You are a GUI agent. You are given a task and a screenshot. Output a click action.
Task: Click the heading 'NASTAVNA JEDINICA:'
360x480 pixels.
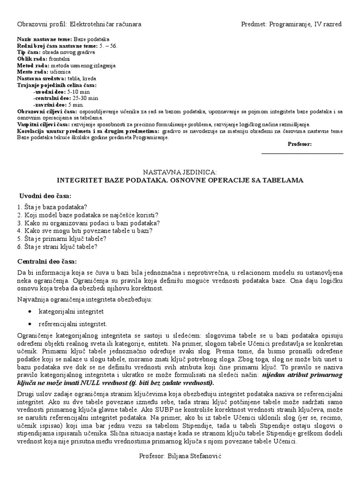(x=180, y=172)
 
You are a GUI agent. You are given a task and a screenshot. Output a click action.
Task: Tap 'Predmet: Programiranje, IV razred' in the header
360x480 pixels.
(x=291, y=24)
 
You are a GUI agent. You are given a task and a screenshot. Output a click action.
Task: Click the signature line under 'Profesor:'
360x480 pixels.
(x=302, y=153)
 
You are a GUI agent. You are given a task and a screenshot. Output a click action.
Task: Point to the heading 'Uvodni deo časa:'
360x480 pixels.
(x=45, y=195)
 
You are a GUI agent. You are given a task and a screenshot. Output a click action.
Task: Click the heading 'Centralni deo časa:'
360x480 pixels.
(x=46, y=261)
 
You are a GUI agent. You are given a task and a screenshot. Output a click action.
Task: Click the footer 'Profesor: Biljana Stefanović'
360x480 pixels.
(x=180, y=456)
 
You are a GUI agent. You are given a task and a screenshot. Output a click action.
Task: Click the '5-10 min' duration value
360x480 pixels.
(x=78, y=92)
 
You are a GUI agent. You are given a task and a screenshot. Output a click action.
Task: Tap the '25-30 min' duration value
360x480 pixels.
(x=82, y=99)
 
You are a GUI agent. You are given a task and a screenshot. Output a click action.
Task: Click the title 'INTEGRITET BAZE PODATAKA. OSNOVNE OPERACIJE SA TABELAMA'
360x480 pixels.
(x=180, y=180)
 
